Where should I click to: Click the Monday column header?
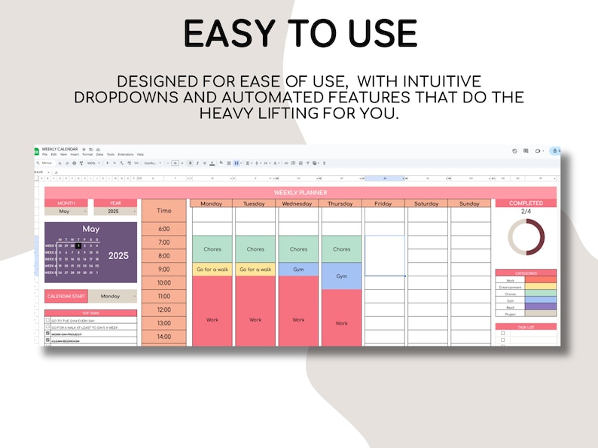pyautogui.click(x=212, y=203)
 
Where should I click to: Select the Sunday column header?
pyautogui.click(x=469, y=203)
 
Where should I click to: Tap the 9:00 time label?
pyautogui.click(x=163, y=269)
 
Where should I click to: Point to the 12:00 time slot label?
pyautogui.click(x=163, y=309)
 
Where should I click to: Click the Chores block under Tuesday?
pyautogui.click(x=255, y=249)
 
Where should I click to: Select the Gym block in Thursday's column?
pyautogui.click(x=341, y=276)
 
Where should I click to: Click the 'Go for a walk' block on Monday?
pyautogui.click(x=212, y=269)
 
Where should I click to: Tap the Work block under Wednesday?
pyautogui.click(x=298, y=319)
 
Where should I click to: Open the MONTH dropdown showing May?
pyautogui.click(x=66, y=212)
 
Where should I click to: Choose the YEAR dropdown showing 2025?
pyautogui.click(x=114, y=212)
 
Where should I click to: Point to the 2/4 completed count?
pyautogui.click(x=526, y=212)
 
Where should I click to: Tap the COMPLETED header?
pyautogui.click(x=526, y=203)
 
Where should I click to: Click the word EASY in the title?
pyautogui.click(x=229, y=34)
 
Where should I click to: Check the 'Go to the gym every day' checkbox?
pyautogui.click(x=48, y=320)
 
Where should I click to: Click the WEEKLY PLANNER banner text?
pyautogui.click(x=300, y=193)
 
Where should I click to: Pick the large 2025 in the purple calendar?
pyautogui.click(x=118, y=255)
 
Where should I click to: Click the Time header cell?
pyautogui.click(x=163, y=211)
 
